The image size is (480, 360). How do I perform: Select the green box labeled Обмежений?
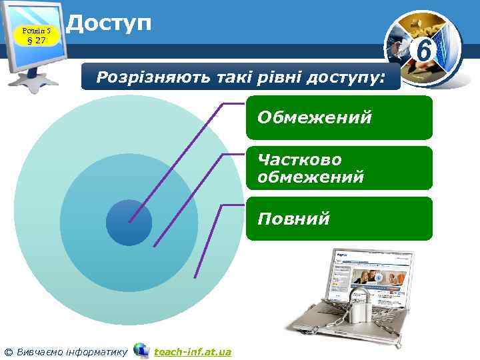pyautogui.click(x=339, y=118)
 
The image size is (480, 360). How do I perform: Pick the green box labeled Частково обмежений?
pyautogui.click(x=339, y=169)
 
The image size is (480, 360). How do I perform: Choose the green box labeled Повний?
pyautogui.click(x=339, y=219)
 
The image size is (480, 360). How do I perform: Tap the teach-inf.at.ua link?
pyautogui.click(x=192, y=351)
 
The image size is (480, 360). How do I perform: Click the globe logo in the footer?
pyautogui.click(x=141, y=350)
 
